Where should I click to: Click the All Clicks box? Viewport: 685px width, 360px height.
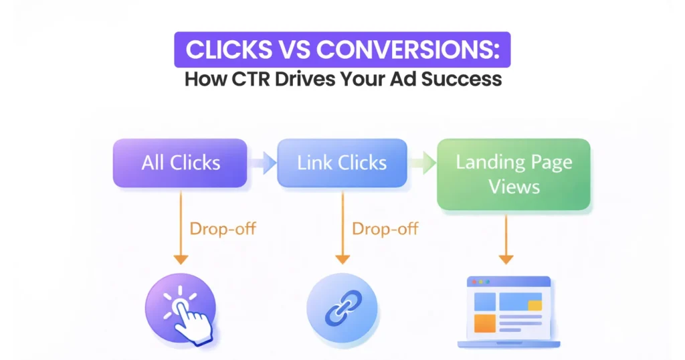(x=181, y=163)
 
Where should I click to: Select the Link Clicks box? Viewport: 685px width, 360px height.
(x=342, y=163)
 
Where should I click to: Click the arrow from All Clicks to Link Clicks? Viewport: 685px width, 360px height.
(x=264, y=163)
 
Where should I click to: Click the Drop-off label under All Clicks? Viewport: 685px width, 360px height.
(x=223, y=229)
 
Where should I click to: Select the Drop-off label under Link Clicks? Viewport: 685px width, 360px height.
(x=385, y=229)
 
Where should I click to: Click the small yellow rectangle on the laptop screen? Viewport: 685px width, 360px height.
(x=534, y=305)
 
